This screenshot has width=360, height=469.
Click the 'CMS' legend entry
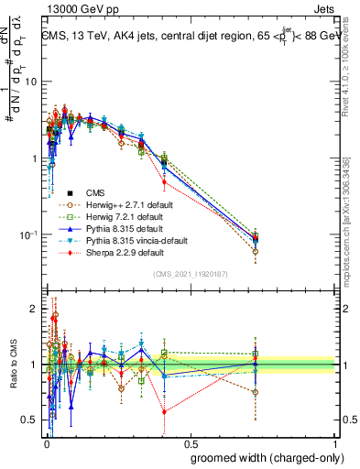click(x=95, y=192)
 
